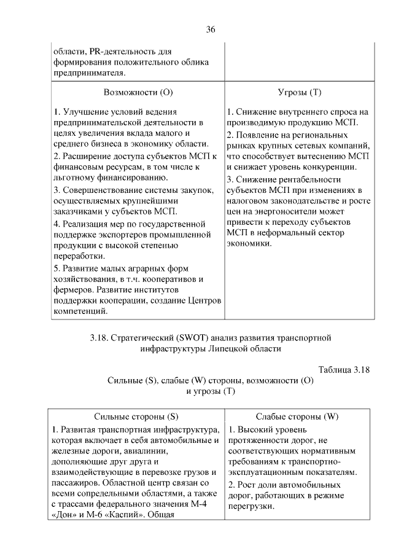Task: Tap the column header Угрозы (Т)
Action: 299,93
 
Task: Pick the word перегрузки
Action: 251,506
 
